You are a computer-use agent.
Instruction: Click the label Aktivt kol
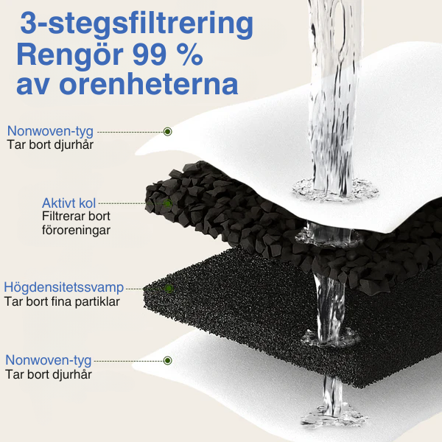click(x=69, y=203)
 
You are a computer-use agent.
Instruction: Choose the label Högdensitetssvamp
click(x=63, y=287)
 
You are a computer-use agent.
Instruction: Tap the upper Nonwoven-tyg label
click(x=50, y=131)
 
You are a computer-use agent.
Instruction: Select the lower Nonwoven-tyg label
click(x=49, y=360)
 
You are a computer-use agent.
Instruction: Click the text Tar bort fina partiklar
click(x=62, y=301)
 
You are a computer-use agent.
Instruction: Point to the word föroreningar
click(x=76, y=231)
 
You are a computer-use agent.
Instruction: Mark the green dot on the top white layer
click(x=168, y=131)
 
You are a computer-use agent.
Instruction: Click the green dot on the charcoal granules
click(x=167, y=203)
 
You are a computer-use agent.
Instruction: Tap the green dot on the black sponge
click(x=169, y=287)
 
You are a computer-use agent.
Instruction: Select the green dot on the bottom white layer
click(x=168, y=360)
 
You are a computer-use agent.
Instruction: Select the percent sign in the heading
click(x=190, y=55)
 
